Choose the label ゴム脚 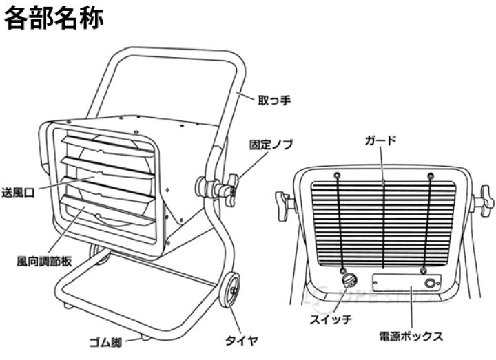[x=107, y=340]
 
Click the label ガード [x=382, y=141]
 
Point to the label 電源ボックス [x=412, y=337]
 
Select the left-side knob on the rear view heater [x=284, y=201]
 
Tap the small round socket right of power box [x=432, y=284]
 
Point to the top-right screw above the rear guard [x=430, y=173]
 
